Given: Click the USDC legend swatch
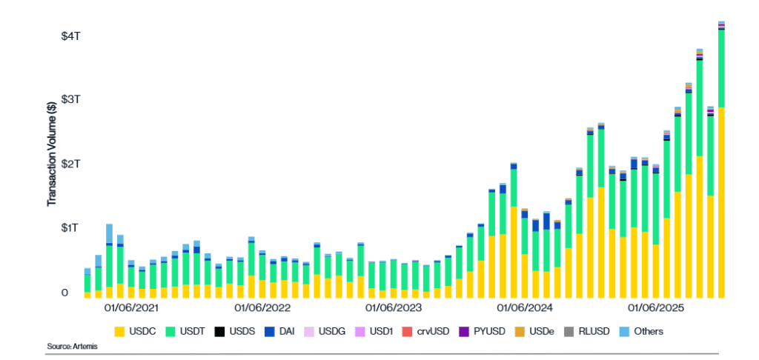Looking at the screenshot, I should (x=119, y=331).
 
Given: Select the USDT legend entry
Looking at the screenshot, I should (x=184, y=331).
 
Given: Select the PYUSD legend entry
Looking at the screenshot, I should (x=480, y=331).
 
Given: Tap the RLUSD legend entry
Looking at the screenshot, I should (x=586, y=331).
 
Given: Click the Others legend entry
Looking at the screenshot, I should (x=642, y=331).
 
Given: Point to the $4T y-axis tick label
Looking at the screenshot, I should (x=70, y=36).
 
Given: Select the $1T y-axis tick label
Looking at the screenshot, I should (x=70, y=227).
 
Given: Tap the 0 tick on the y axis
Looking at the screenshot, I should (x=64, y=293).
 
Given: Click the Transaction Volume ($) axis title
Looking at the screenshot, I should (x=52, y=154).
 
